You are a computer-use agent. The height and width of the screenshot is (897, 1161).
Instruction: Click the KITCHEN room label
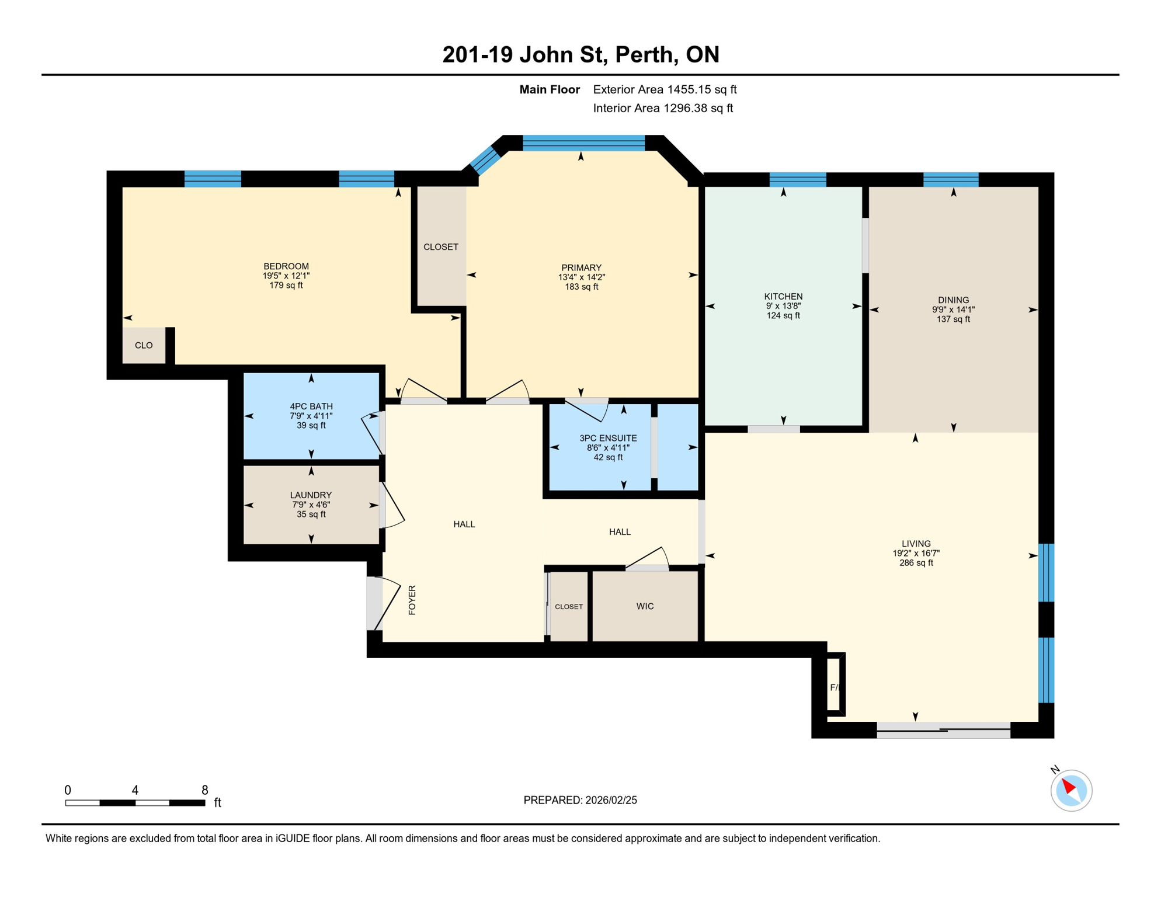click(783, 297)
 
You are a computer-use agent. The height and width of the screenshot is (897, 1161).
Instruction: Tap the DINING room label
click(953, 300)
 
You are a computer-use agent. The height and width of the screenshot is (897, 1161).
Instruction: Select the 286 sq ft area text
click(916, 563)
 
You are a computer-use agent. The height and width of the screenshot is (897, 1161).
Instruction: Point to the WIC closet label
click(645, 606)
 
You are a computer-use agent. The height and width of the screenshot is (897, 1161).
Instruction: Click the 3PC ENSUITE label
click(608, 438)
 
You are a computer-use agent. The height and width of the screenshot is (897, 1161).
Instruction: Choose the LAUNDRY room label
click(311, 495)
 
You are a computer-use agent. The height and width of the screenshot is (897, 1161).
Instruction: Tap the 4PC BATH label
click(311, 406)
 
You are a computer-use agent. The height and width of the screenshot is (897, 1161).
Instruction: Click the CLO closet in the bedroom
click(144, 345)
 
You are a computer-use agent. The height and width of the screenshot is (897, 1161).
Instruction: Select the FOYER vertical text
click(412, 600)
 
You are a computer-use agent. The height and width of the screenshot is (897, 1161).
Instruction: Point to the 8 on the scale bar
click(204, 790)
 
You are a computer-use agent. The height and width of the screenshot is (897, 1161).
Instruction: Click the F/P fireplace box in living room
click(835, 687)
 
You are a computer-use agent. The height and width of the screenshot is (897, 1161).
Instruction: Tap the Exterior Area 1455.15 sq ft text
click(665, 89)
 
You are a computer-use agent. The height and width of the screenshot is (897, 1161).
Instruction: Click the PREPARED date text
click(580, 800)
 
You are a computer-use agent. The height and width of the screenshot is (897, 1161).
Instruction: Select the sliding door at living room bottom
click(943, 729)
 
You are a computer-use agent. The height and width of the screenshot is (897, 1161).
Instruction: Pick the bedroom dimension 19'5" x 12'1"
click(286, 276)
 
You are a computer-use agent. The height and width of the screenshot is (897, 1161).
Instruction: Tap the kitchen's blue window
click(798, 179)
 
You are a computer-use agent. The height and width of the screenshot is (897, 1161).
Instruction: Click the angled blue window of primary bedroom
click(485, 160)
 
